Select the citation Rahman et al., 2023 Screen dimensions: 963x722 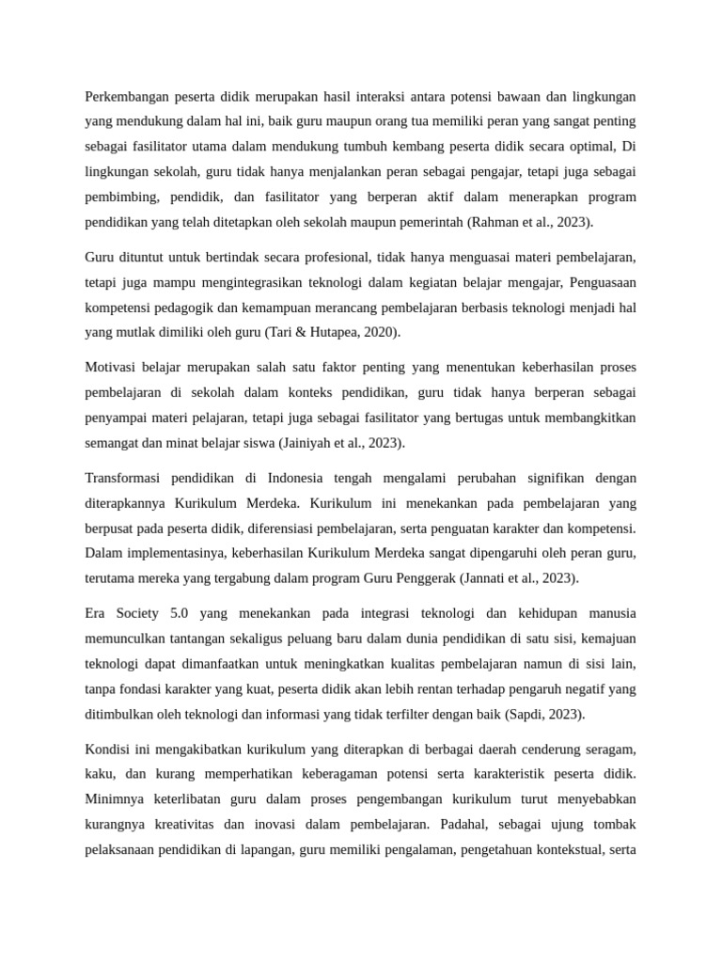coord(534,223)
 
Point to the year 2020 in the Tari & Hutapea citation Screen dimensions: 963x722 coord(380,332)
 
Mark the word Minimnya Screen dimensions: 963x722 coord(117,798)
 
